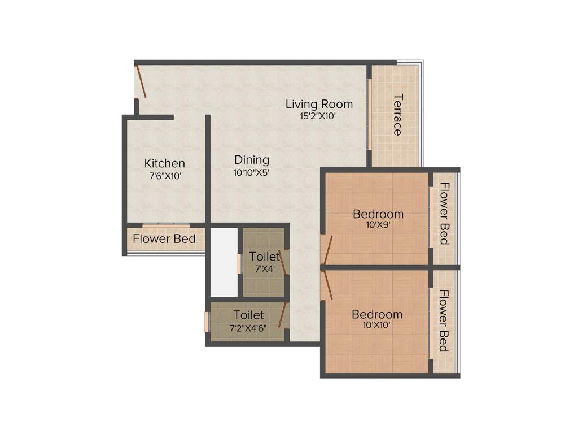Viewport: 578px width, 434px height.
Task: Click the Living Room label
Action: tap(319, 104)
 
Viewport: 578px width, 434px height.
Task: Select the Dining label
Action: tap(252, 160)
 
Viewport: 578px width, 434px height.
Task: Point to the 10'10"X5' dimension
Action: tap(252, 173)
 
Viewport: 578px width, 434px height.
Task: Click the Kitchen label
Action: tap(164, 163)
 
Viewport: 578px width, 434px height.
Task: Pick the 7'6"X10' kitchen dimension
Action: tap(165, 176)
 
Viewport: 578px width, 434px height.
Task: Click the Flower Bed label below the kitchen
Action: tap(164, 239)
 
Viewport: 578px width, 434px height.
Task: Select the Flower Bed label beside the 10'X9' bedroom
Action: tap(445, 214)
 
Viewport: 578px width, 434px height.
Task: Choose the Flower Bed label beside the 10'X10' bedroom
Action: tap(445, 320)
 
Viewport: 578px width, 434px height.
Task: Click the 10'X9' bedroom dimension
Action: tap(378, 224)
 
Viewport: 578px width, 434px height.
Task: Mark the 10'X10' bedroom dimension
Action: tap(377, 325)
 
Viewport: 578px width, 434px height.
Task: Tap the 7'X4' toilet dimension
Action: tap(264, 269)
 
